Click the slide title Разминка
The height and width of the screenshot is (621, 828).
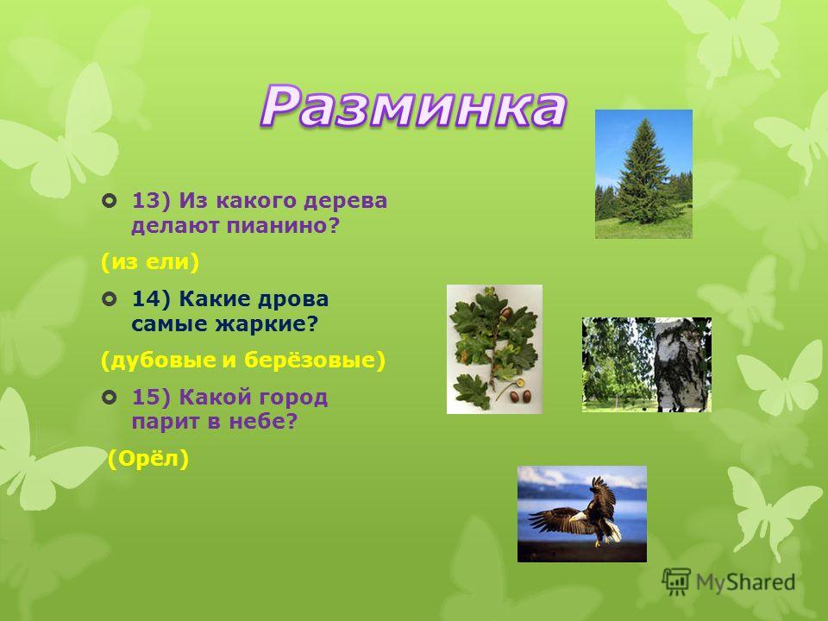coord(413,107)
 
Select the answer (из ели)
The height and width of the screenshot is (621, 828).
coord(150,262)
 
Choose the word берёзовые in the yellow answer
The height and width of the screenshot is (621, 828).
coord(315,361)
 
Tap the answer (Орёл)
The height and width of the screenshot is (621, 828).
coord(148,459)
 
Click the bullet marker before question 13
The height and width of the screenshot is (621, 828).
coord(110,201)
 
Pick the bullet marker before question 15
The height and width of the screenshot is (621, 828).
coord(110,398)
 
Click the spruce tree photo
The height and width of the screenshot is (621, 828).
coord(643,174)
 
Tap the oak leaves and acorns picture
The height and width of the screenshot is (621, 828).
coord(495,349)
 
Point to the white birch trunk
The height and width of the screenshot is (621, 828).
coord(680,364)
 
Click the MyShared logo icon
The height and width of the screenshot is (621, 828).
coord(676,582)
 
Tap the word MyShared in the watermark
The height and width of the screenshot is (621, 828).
coord(745,582)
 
